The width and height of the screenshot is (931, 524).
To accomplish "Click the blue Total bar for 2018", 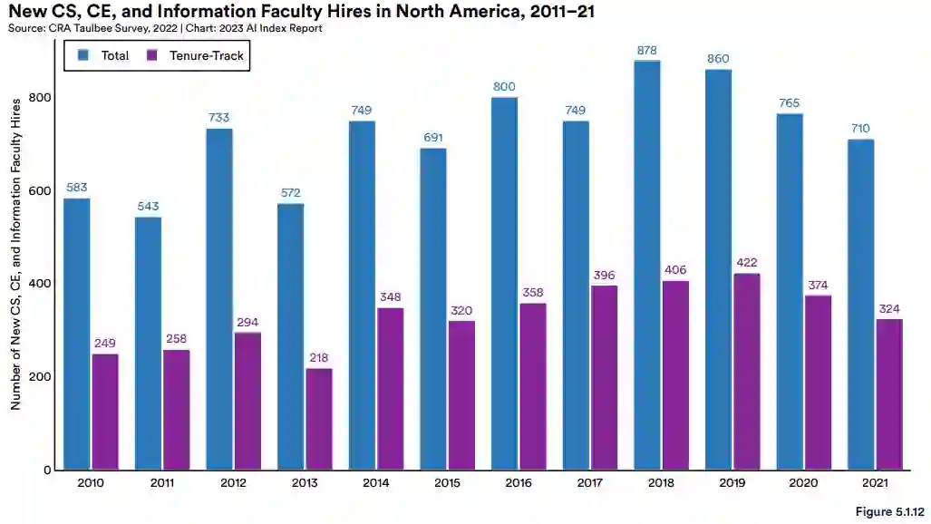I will (647, 265).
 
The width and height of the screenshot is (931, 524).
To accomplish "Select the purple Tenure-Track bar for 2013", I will (319, 419).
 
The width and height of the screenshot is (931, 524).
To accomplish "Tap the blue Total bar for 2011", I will (148, 343).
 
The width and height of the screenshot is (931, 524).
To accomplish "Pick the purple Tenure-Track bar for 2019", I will (747, 371).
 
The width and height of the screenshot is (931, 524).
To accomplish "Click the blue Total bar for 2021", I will (861, 304).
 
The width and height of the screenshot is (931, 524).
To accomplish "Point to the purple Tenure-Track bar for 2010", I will (105, 412).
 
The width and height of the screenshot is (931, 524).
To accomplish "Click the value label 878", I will (647, 51).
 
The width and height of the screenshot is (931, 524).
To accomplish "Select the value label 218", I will (319, 358).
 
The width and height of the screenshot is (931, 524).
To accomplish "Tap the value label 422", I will (747, 263).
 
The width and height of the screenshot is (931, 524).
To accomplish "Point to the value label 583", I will (77, 188).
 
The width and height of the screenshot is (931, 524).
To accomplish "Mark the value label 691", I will (433, 138).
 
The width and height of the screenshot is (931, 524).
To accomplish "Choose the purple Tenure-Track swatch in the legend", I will (152, 56).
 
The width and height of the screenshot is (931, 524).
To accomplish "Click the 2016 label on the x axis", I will (519, 485).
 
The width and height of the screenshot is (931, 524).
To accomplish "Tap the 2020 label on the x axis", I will (804, 485).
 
